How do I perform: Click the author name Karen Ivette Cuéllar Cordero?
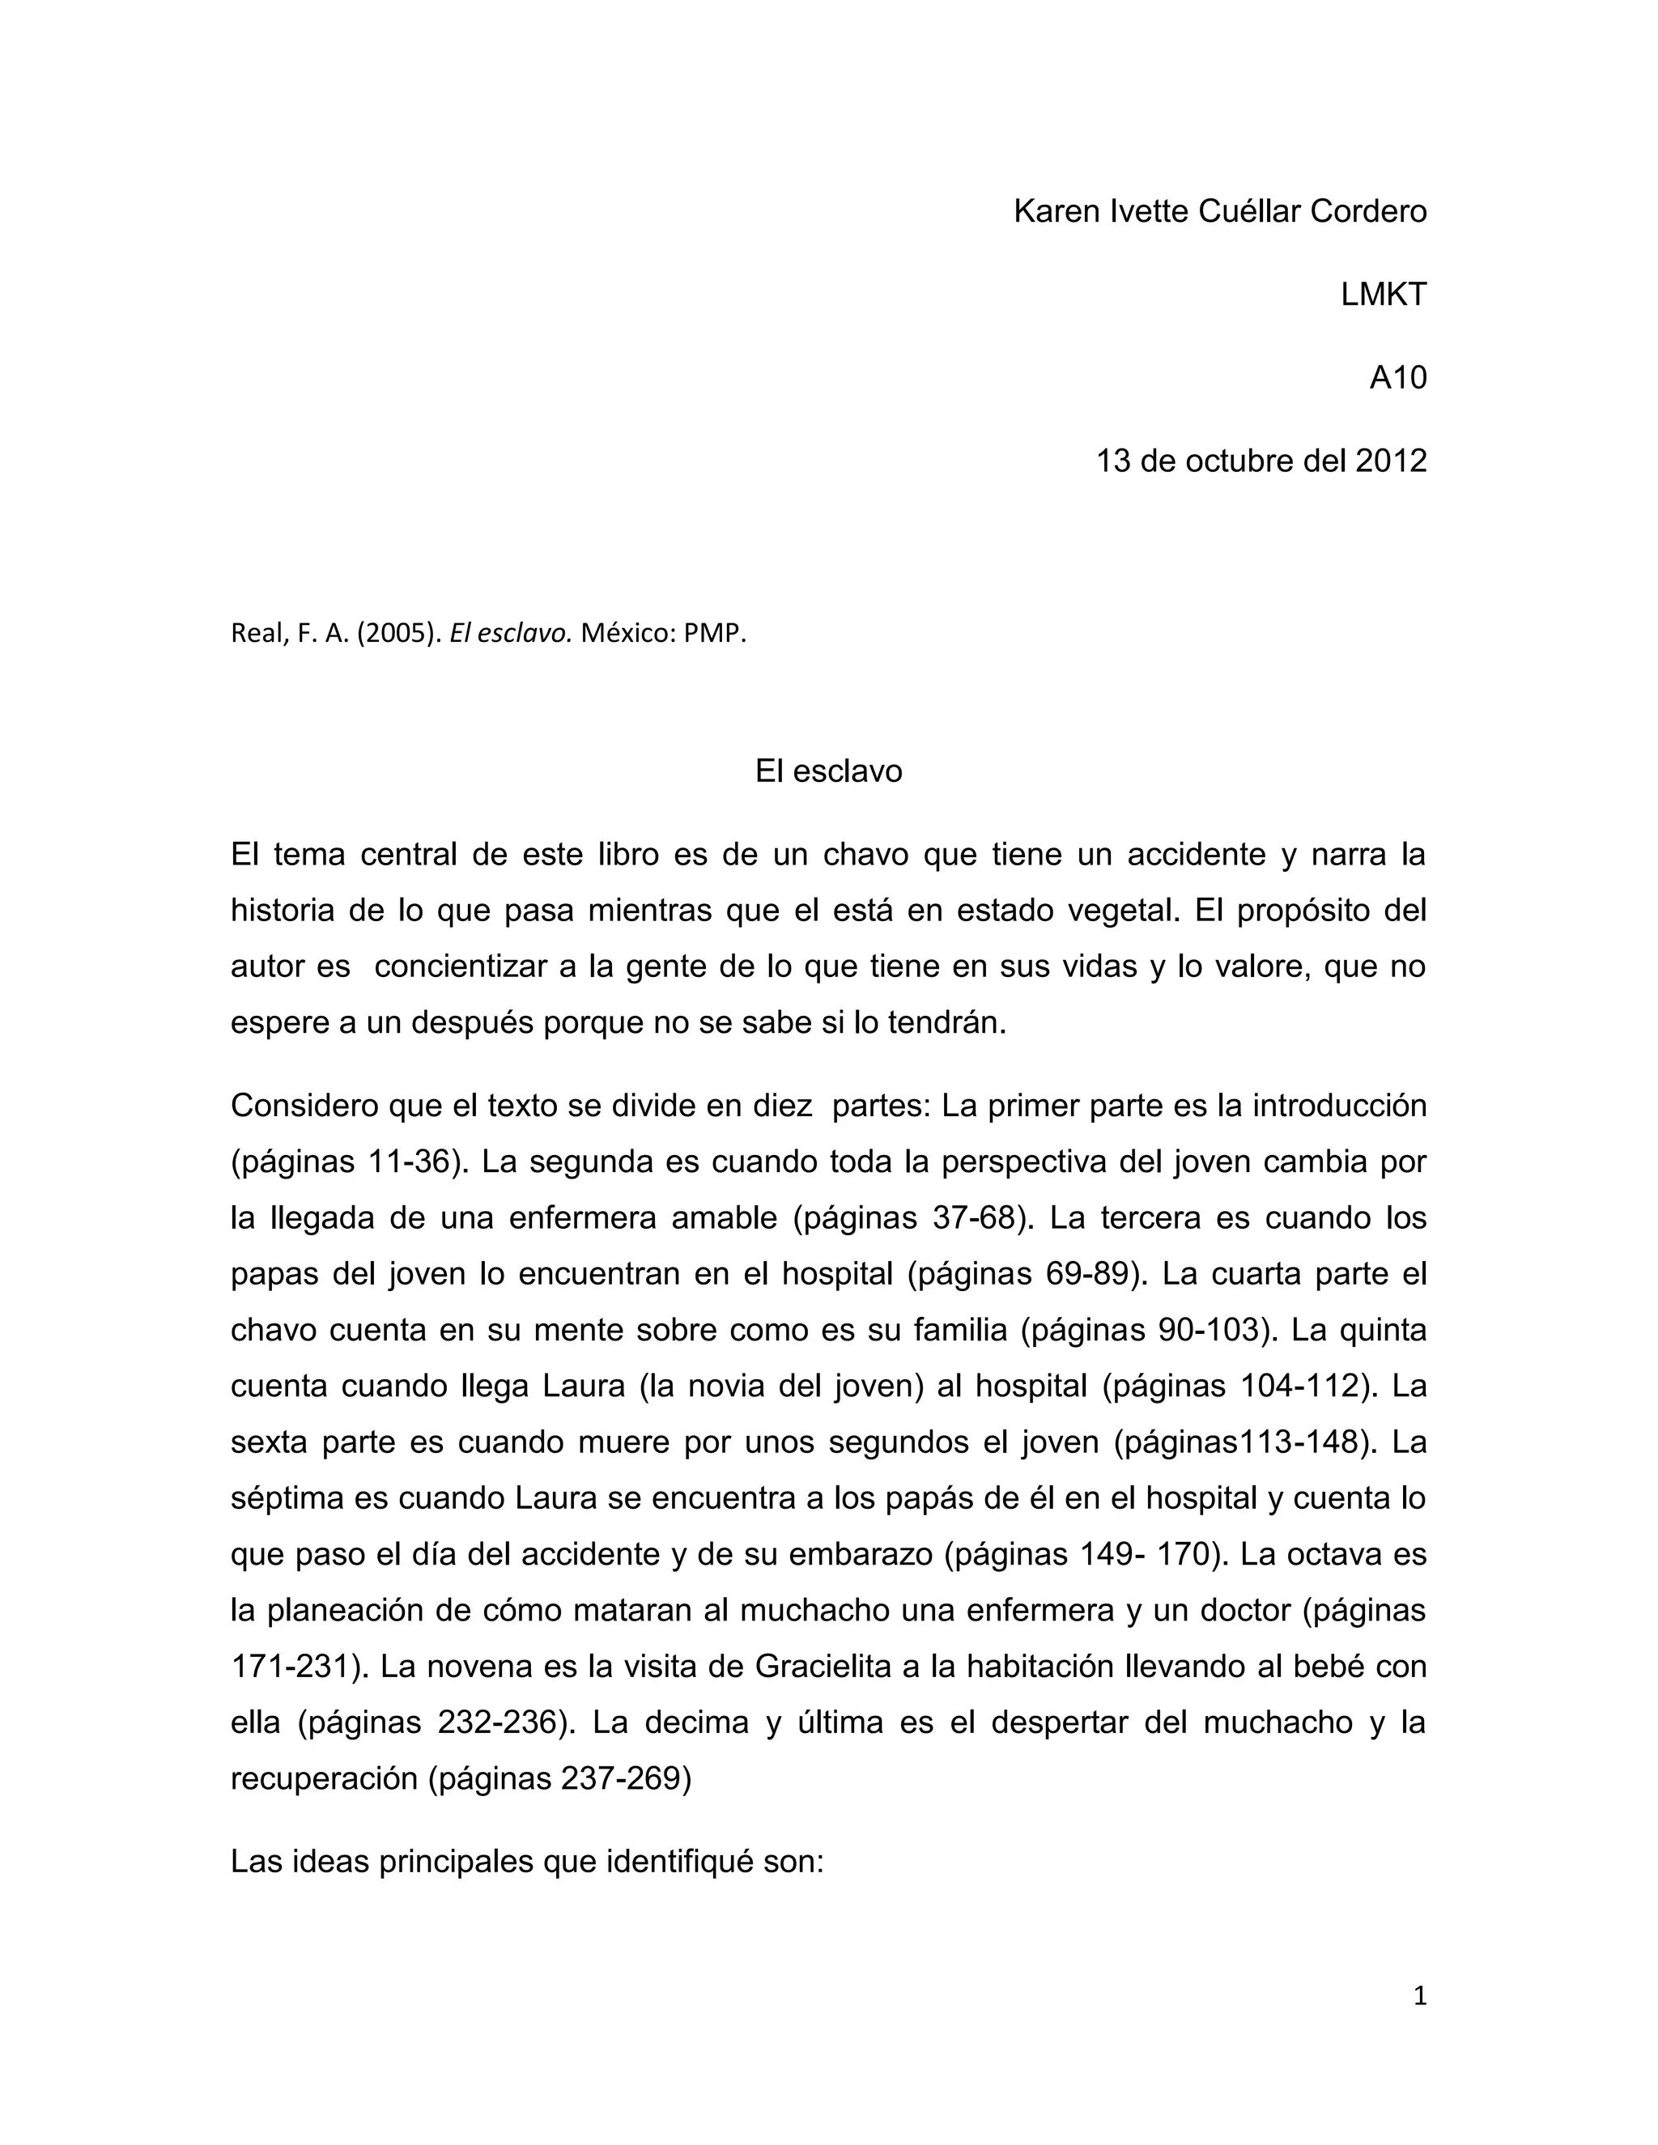pos(1219,211)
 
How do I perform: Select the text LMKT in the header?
pos(1383,295)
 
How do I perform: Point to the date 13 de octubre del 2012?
pos(1261,461)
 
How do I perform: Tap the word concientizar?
pos(461,967)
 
